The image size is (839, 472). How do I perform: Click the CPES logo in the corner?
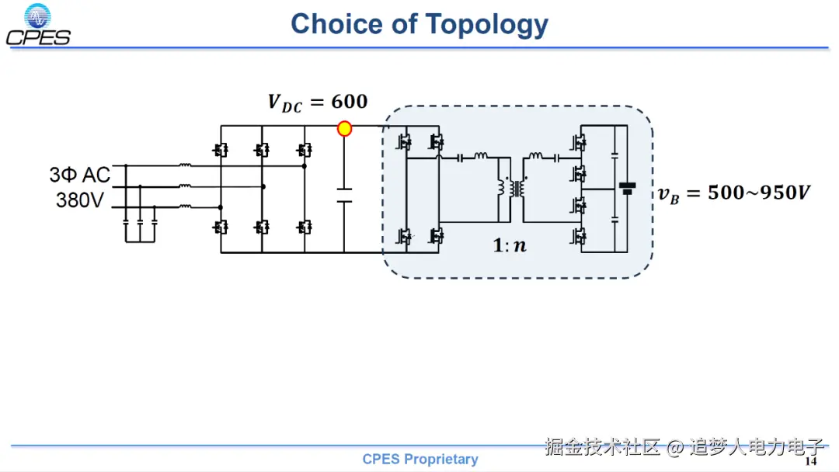[38, 25]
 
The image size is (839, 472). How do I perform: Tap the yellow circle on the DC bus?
[344, 128]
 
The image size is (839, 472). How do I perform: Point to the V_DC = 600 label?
[318, 102]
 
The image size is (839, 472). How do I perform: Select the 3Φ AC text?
[80, 175]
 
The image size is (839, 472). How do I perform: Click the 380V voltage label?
[80, 200]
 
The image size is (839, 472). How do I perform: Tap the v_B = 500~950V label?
[733, 193]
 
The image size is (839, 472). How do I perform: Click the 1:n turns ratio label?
[510, 245]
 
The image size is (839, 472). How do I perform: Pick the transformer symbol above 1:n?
[511, 189]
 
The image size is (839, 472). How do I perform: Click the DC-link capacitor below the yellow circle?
[344, 194]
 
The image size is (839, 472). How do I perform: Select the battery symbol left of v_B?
[627, 189]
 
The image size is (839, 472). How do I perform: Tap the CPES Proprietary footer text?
[420, 460]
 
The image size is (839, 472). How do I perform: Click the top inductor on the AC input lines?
[186, 165]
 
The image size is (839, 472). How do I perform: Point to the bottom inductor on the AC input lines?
[186, 206]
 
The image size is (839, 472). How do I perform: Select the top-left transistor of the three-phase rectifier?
[221, 149]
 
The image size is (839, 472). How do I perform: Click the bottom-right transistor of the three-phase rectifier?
[305, 227]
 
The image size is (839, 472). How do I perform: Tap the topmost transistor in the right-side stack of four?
[580, 142]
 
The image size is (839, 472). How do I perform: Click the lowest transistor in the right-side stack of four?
[580, 237]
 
